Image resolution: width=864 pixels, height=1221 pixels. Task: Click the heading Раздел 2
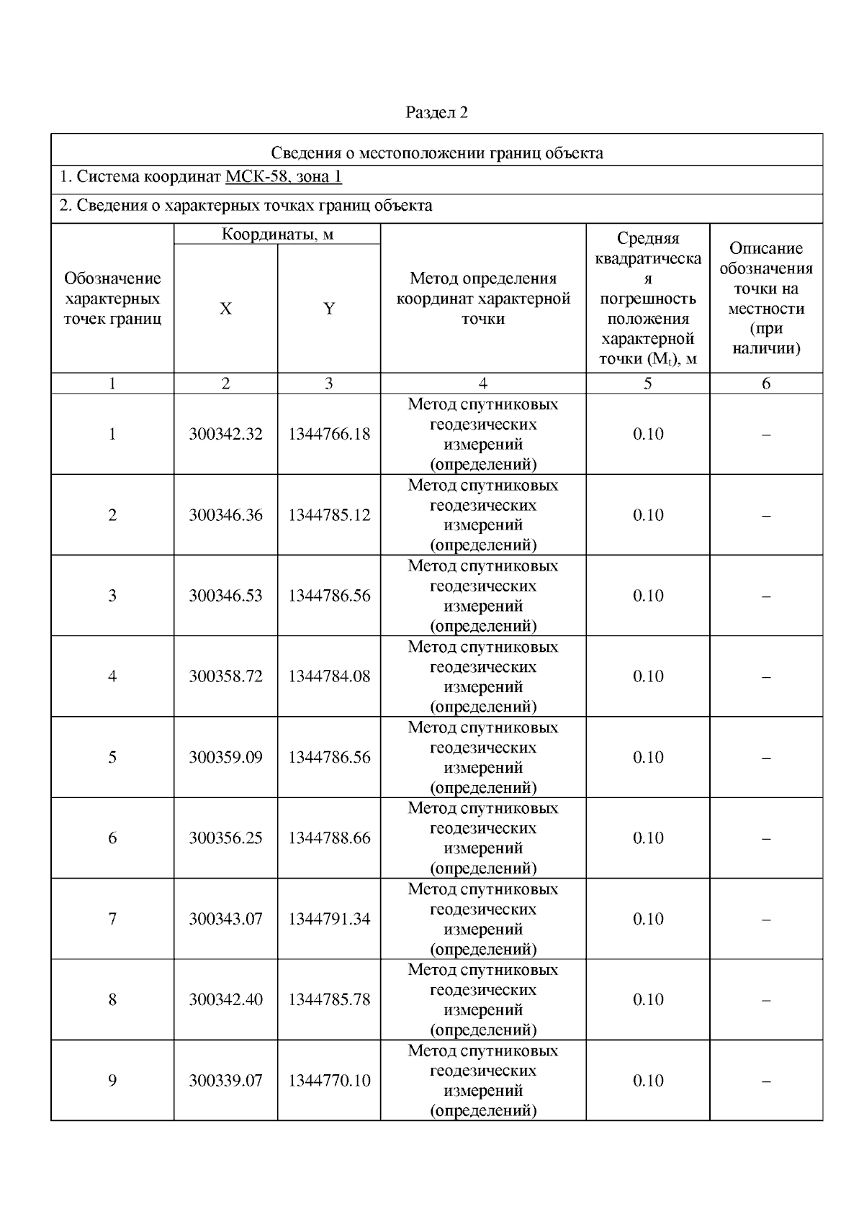tap(437, 112)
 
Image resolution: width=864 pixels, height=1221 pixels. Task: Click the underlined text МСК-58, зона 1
tap(284, 177)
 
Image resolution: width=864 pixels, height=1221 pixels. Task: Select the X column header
tap(225, 309)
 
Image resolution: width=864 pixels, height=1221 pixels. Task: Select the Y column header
tap(328, 309)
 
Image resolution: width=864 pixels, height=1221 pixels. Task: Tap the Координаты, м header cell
tap(277, 235)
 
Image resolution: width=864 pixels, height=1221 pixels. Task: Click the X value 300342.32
tap(225, 434)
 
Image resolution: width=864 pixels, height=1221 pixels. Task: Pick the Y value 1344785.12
tap(329, 515)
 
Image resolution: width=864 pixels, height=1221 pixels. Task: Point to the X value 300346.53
tap(225, 596)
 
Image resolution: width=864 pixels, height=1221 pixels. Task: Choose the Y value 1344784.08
tap(329, 676)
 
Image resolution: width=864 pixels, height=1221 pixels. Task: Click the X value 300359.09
tap(225, 757)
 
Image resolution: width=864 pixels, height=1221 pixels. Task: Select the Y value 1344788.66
tap(329, 838)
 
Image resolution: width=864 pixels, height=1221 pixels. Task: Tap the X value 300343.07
tap(225, 919)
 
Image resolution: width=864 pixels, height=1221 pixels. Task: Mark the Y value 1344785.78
tap(329, 999)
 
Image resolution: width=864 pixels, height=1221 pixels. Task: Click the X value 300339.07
tap(225, 1081)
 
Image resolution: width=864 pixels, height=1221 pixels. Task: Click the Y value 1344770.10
tap(329, 1081)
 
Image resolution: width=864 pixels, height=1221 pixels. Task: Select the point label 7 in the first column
tap(112, 919)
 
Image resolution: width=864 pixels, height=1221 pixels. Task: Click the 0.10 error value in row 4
tap(648, 676)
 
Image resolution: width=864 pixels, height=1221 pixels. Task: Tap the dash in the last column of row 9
tap(766, 1081)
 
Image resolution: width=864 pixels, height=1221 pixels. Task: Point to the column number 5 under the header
tap(648, 383)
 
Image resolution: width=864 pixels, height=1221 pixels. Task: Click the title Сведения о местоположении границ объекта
tap(437, 153)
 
